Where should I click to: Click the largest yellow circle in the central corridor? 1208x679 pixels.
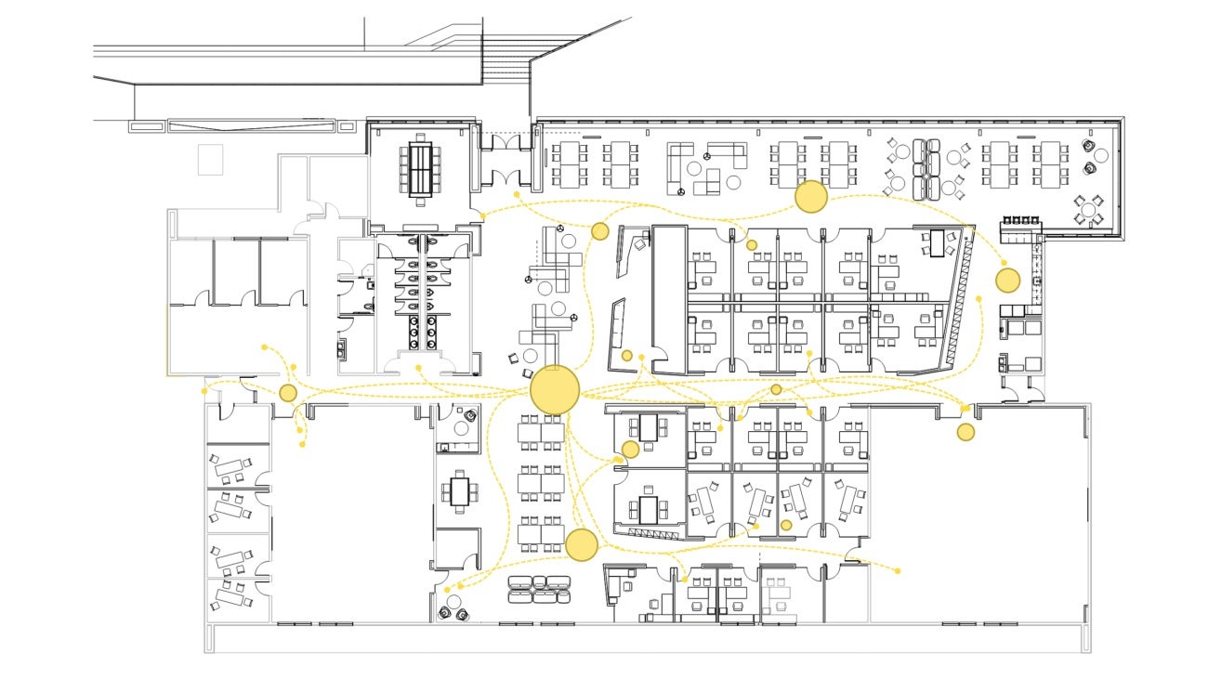555,389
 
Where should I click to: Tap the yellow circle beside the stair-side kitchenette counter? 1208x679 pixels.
1007,280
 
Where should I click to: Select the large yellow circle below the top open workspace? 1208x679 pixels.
811,197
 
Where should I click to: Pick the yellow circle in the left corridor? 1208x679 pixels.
288,393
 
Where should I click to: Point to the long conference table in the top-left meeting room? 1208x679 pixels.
422,169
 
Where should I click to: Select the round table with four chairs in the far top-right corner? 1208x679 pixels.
1089,208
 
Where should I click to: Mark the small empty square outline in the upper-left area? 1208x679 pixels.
211,159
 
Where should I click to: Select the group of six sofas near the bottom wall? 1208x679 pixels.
538,589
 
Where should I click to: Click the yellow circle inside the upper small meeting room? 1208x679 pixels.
630,450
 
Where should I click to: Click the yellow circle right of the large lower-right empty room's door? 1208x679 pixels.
966,432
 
